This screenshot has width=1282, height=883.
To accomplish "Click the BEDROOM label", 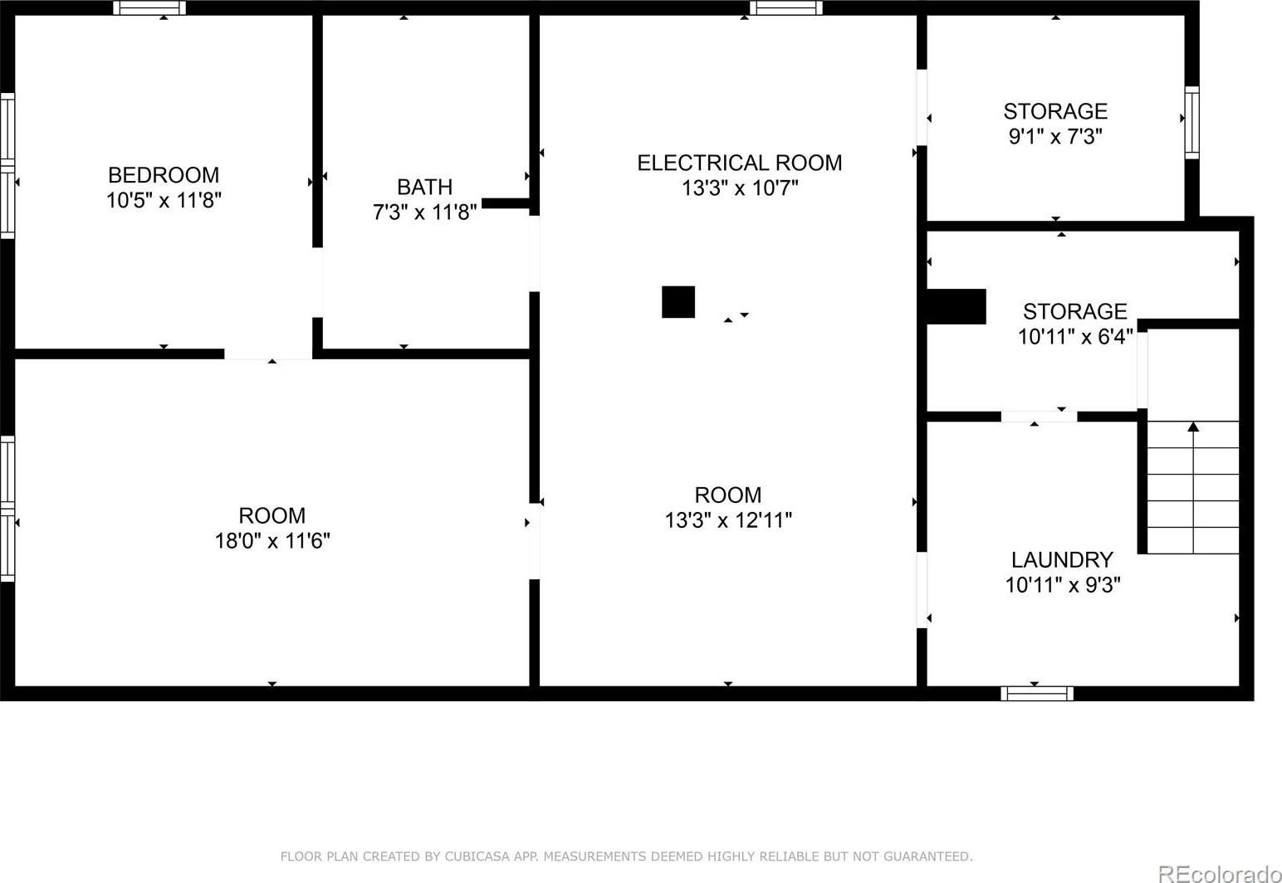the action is [x=164, y=174].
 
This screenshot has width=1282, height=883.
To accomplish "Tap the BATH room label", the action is [x=424, y=187].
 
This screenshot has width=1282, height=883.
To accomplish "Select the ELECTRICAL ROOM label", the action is [x=740, y=163].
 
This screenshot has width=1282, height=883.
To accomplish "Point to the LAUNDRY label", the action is [x=1062, y=559].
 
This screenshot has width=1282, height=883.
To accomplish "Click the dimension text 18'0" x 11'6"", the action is [x=272, y=540].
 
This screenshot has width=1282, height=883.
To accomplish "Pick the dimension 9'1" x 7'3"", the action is [x=1055, y=136].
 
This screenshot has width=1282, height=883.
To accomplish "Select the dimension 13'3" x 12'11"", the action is [x=728, y=520].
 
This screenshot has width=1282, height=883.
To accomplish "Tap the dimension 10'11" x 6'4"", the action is [x=1075, y=336].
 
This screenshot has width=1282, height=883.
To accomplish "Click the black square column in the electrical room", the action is [x=678, y=302].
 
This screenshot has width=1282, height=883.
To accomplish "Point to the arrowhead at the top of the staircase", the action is [x=1193, y=427].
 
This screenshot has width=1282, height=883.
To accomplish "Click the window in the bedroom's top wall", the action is [x=149, y=8].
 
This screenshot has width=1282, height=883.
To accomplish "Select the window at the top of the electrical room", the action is [x=785, y=8].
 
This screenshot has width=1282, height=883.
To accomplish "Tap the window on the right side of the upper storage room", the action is [x=1191, y=122].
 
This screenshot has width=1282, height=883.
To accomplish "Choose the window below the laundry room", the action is [x=1037, y=693].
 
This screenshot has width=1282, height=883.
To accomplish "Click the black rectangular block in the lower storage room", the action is [x=956, y=306].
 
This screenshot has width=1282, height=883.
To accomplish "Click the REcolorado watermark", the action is [x=1219, y=875].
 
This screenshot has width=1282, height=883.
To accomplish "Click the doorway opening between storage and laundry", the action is [x=1039, y=417].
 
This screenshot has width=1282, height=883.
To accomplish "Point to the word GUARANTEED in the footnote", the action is [x=927, y=856].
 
